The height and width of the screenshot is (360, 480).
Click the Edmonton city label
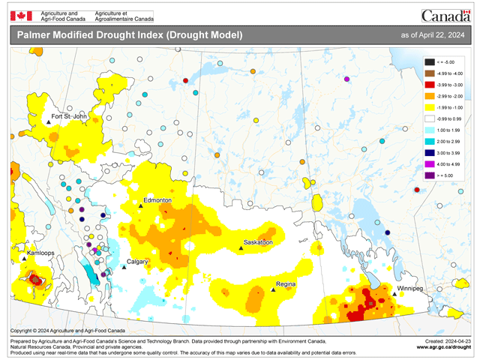[158, 201]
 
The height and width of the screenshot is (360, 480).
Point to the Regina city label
[285, 284]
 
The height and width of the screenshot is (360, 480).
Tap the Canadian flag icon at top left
[22, 15]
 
